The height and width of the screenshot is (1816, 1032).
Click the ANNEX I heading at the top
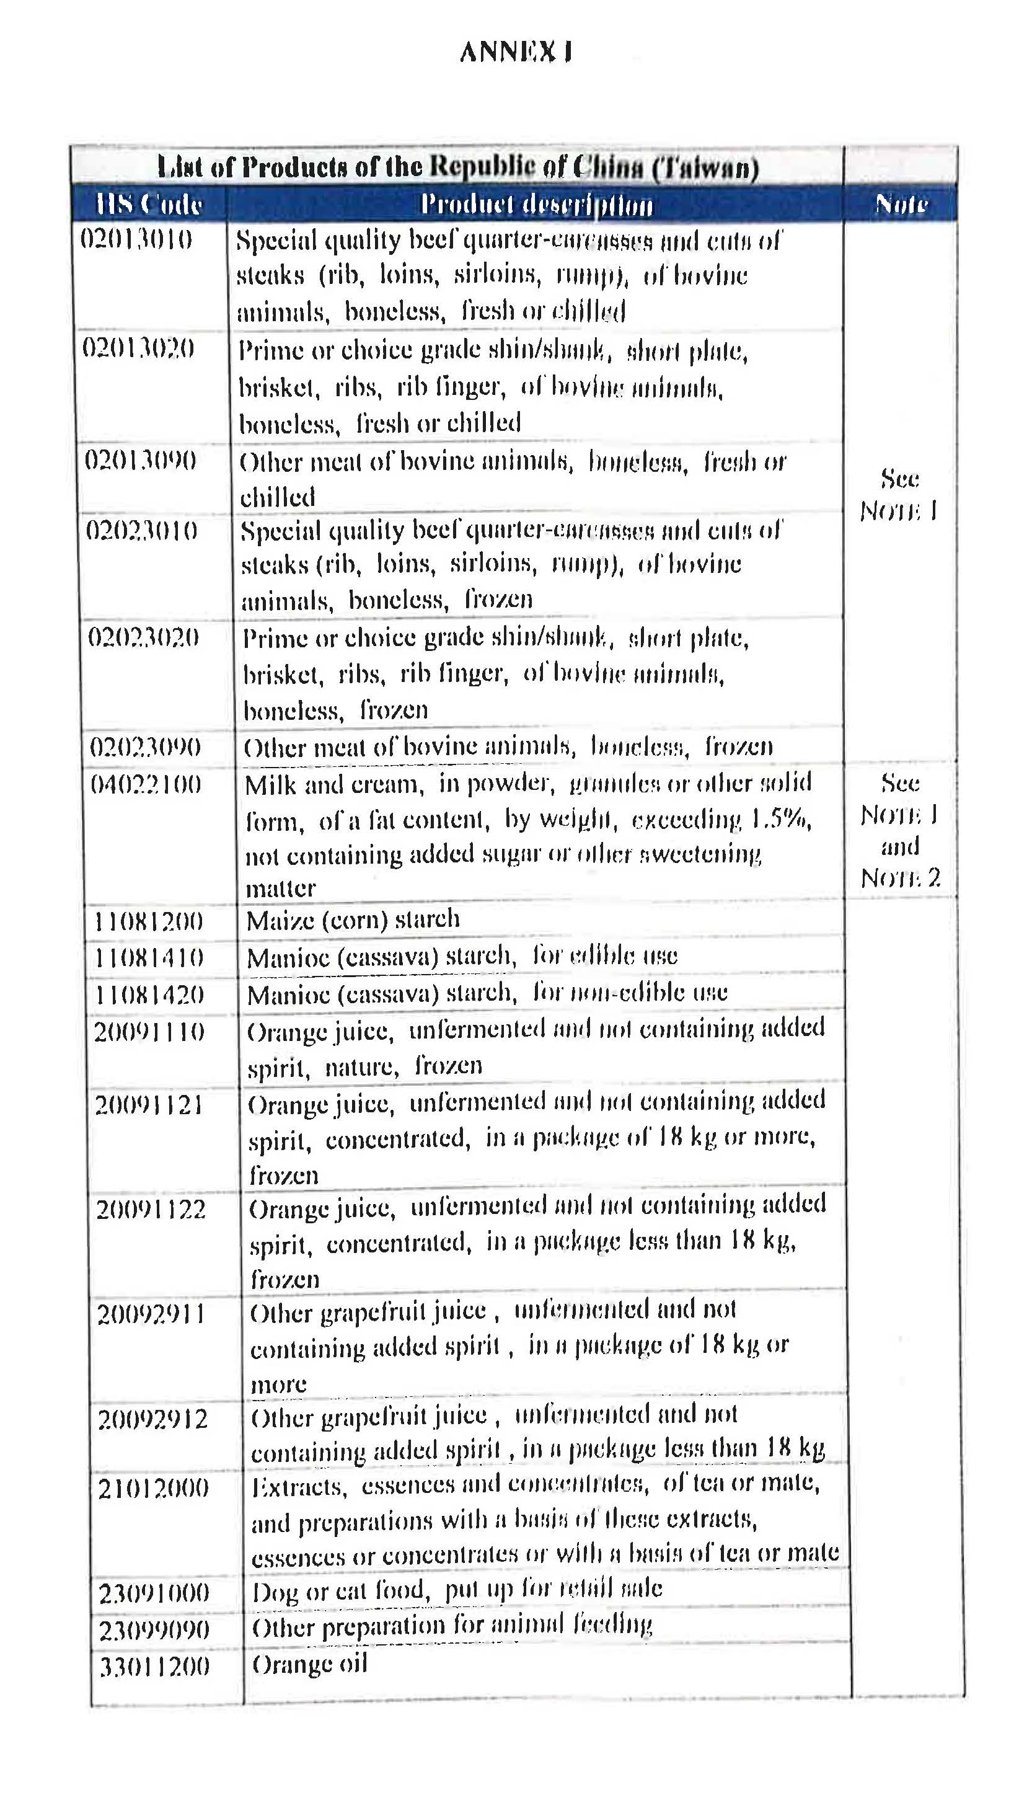pyautogui.click(x=515, y=51)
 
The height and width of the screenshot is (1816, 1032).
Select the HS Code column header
pyautogui.click(x=149, y=204)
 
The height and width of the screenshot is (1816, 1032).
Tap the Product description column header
pyautogui.click(x=537, y=205)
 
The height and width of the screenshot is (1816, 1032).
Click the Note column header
pyautogui.click(x=901, y=204)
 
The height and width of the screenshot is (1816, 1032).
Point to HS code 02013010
pyautogui.click(x=136, y=239)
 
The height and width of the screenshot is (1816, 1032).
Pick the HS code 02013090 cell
pyautogui.click(x=140, y=460)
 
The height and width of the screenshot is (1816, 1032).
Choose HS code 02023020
pyautogui.click(x=143, y=637)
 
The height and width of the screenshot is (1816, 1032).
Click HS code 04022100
pyautogui.click(x=146, y=784)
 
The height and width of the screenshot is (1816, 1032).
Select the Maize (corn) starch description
pyautogui.click(x=353, y=919)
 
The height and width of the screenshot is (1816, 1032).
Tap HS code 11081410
pyautogui.click(x=149, y=958)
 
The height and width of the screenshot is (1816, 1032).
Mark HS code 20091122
pyautogui.click(x=151, y=1209)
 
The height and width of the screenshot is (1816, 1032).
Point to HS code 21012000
pyautogui.click(x=153, y=1488)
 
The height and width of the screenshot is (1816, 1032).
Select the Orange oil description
pyautogui.click(x=310, y=1663)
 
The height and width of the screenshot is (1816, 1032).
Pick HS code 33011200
pyautogui.click(x=154, y=1666)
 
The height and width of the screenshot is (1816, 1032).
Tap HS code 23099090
pyautogui.click(x=154, y=1629)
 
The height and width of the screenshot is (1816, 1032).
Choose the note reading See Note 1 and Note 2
pyautogui.click(x=900, y=830)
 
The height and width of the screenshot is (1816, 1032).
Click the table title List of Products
pyautogui.click(x=458, y=167)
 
